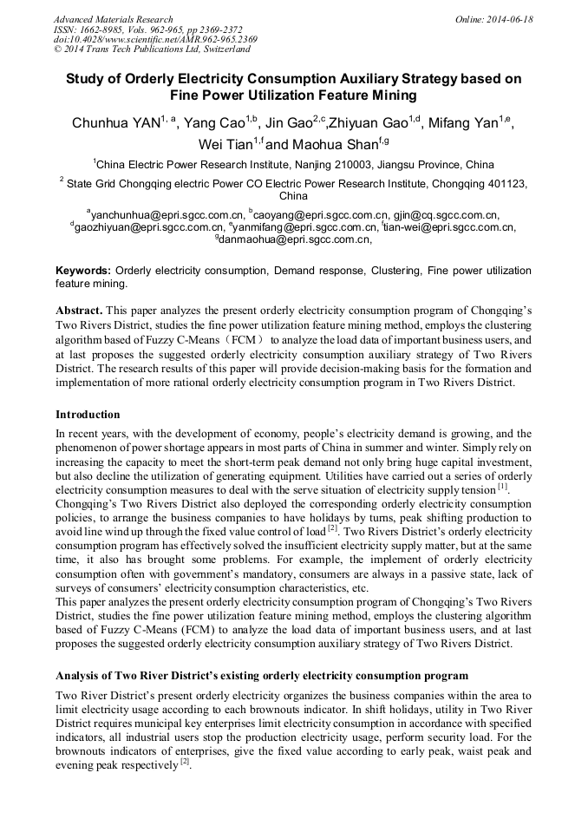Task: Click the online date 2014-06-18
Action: [x=509, y=19]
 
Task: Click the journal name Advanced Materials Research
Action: [x=113, y=19]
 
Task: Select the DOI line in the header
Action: [x=155, y=40]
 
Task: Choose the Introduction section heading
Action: [x=88, y=415]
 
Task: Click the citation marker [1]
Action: [x=503, y=487]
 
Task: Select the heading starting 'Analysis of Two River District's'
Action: [x=262, y=675]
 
